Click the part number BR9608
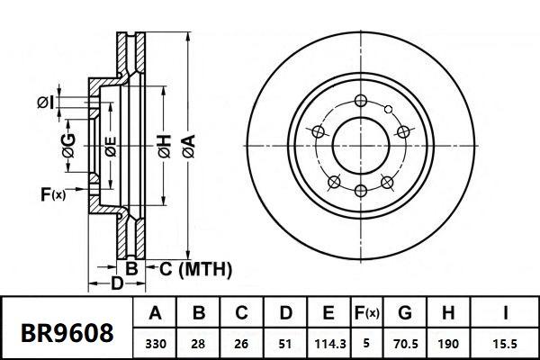point(67,332)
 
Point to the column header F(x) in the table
point(367,314)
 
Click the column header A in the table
point(155,314)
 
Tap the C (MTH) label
point(195,269)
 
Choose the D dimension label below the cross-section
point(116,285)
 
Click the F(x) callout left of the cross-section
point(53,193)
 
